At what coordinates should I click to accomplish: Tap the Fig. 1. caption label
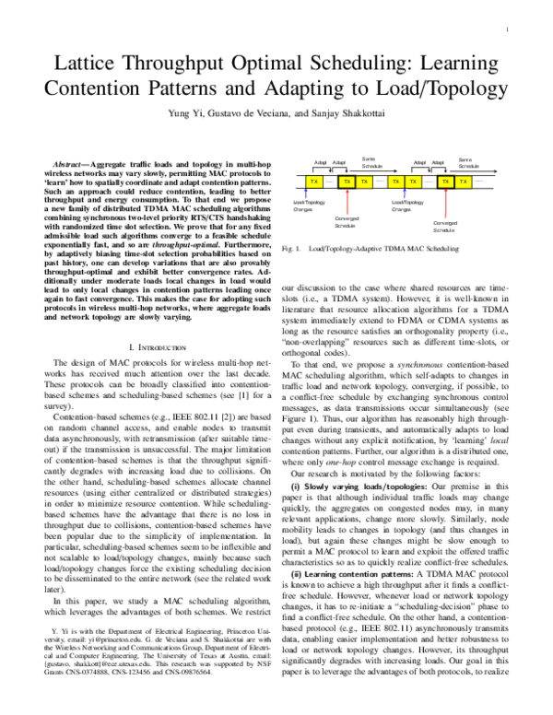click(x=292, y=249)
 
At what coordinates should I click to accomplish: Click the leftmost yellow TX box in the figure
click(x=314, y=182)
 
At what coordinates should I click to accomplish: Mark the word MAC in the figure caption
click(x=418, y=249)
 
